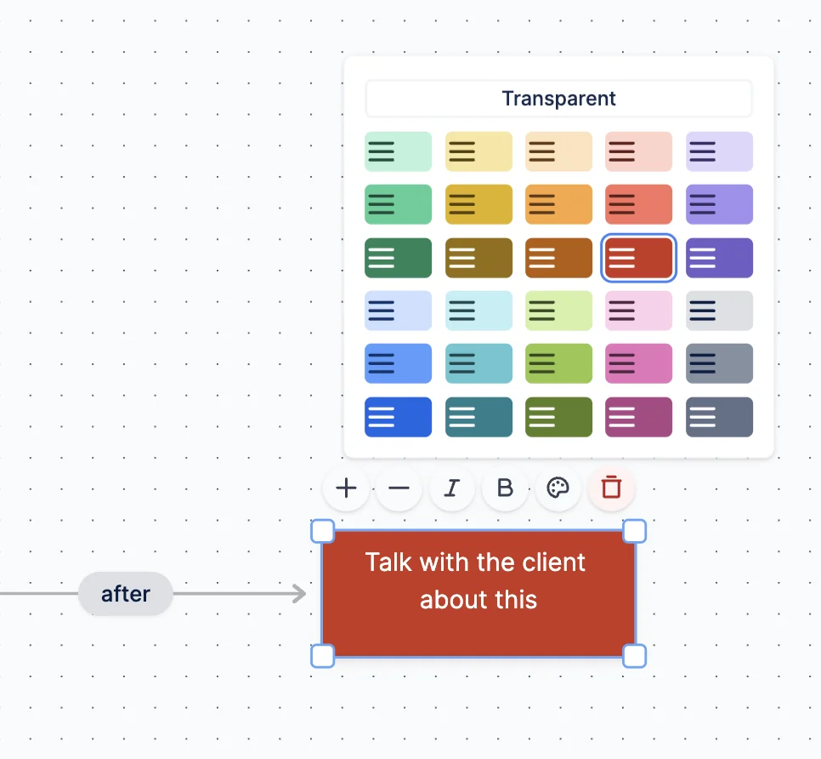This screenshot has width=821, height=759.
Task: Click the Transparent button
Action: (x=558, y=99)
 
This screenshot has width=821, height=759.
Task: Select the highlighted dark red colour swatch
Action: (x=638, y=258)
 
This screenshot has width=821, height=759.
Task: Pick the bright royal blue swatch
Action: (x=398, y=417)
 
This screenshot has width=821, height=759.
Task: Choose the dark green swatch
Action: (x=398, y=258)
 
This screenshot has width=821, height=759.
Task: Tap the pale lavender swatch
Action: (x=719, y=151)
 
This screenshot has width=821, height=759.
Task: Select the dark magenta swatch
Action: (x=638, y=417)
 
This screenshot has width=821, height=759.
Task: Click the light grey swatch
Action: (x=719, y=311)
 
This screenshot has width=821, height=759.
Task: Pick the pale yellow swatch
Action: (x=478, y=151)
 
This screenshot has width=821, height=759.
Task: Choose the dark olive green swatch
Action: (x=558, y=417)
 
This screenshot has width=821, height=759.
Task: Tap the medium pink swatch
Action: (x=638, y=363)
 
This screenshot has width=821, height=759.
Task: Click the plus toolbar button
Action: (x=346, y=488)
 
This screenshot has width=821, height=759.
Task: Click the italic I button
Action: (x=452, y=488)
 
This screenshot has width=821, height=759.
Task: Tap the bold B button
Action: (x=505, y=488)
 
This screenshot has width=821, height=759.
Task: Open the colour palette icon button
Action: (x=558, y=488)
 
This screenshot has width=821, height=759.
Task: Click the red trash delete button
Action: (x=611, y=488)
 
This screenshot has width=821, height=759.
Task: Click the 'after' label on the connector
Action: (x=126, y=594)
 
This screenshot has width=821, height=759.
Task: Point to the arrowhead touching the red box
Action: (x=300, y=594)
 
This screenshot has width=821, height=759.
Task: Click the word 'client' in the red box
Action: (x=552, y=562)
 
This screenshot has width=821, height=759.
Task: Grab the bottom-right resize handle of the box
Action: (x=635, y=656)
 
